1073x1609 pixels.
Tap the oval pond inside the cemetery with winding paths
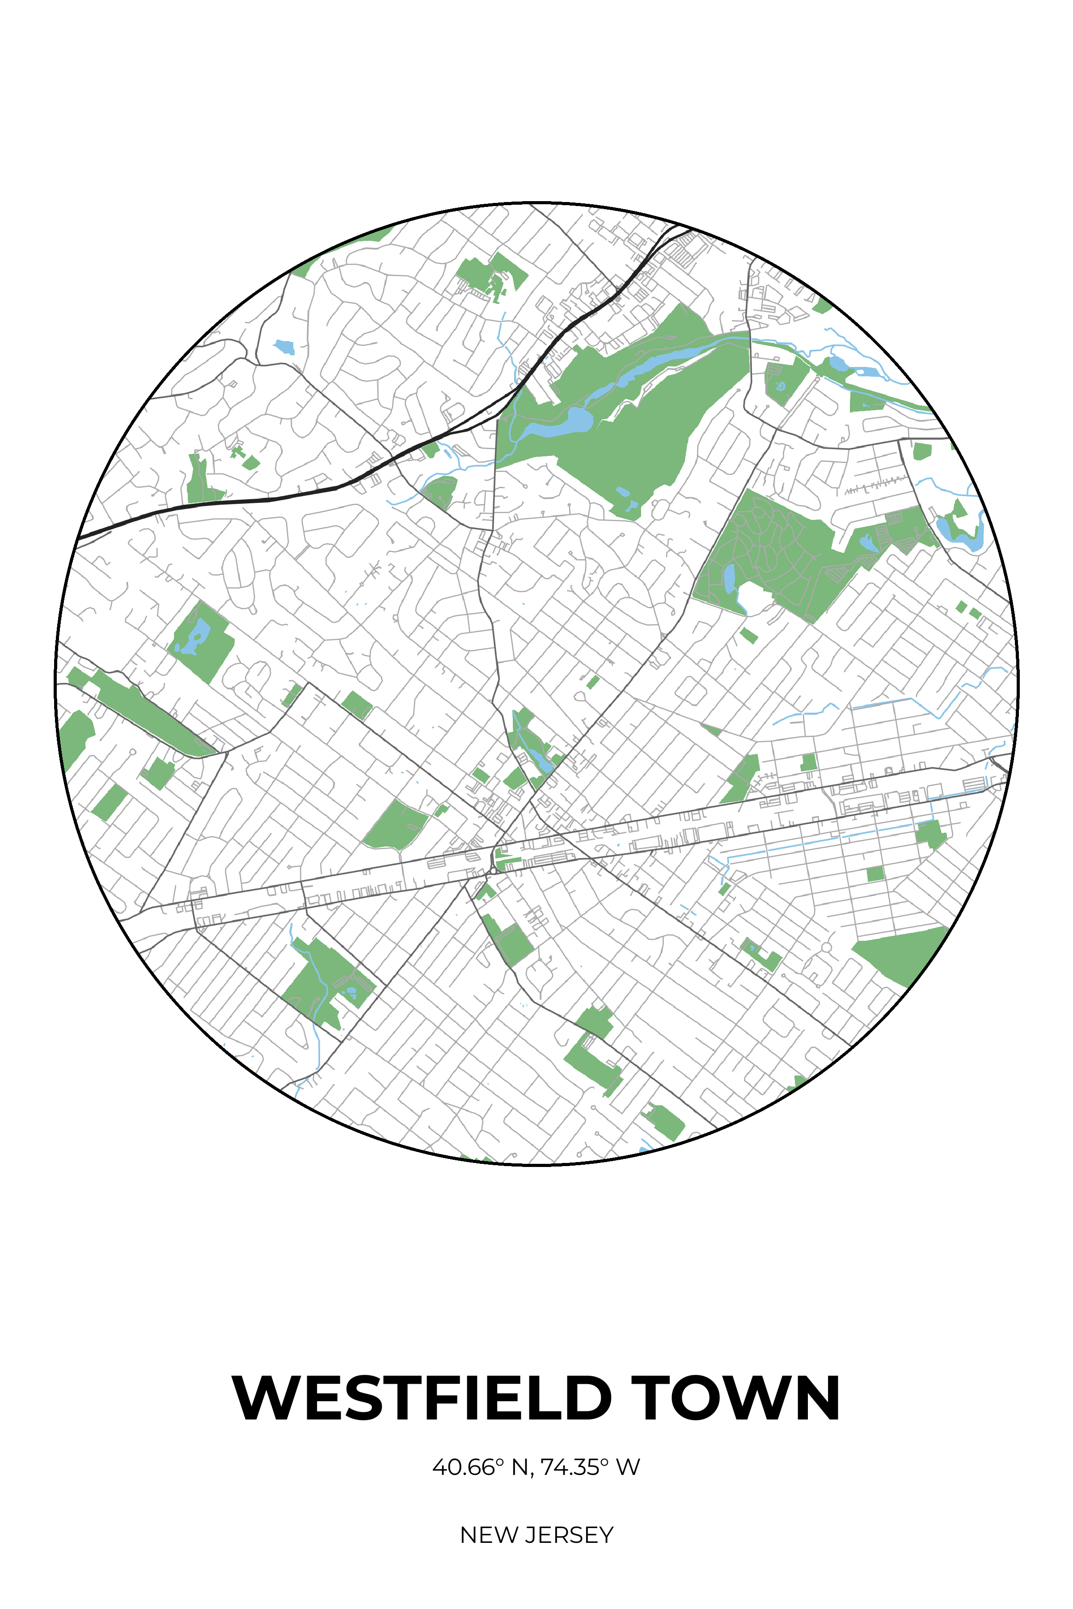[730, 578]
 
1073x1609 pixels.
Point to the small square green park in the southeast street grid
[875, 874]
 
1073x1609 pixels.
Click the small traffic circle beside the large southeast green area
[826, 948]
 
